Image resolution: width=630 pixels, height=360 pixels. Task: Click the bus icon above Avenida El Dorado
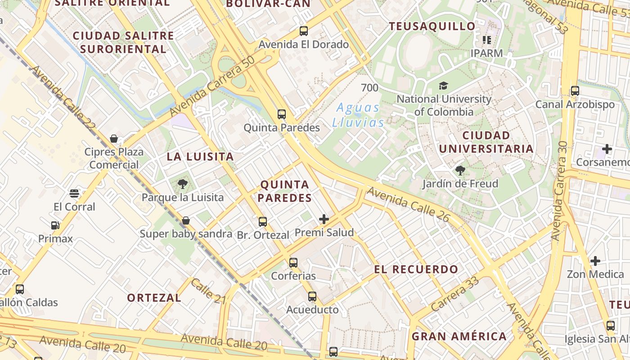tap(304, 31)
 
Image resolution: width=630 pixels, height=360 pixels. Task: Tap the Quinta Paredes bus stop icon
tap(282, 114)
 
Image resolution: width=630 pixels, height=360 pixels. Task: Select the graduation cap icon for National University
tap(443, 85)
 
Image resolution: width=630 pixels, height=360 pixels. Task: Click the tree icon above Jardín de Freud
tap(460, 170)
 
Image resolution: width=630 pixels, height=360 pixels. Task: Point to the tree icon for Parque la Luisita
tap(182, 184)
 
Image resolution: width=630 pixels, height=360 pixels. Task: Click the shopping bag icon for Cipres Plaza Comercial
tap(114, 138)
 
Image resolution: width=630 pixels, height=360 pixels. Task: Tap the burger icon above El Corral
tap(74, 193)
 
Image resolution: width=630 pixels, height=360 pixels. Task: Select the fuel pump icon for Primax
tap(55, 225)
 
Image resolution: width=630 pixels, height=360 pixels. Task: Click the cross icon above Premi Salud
tap(324, 219)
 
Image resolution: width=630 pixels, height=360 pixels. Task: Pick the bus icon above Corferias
tap(293, 262)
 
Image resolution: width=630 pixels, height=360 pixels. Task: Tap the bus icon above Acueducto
tap(312, 296)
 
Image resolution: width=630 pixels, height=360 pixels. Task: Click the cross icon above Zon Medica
tap(595, 261)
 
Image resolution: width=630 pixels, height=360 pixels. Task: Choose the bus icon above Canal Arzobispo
tap(575, 91)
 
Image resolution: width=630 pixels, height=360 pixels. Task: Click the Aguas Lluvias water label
tap(358, 115)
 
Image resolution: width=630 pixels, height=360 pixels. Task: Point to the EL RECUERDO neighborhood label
tap(416, 270)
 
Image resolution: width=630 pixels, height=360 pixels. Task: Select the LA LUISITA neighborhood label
tap(200, 157)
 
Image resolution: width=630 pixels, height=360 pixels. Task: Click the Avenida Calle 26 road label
tap(408, 204)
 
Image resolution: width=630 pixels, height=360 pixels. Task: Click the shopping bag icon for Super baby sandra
tap(185, 220)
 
